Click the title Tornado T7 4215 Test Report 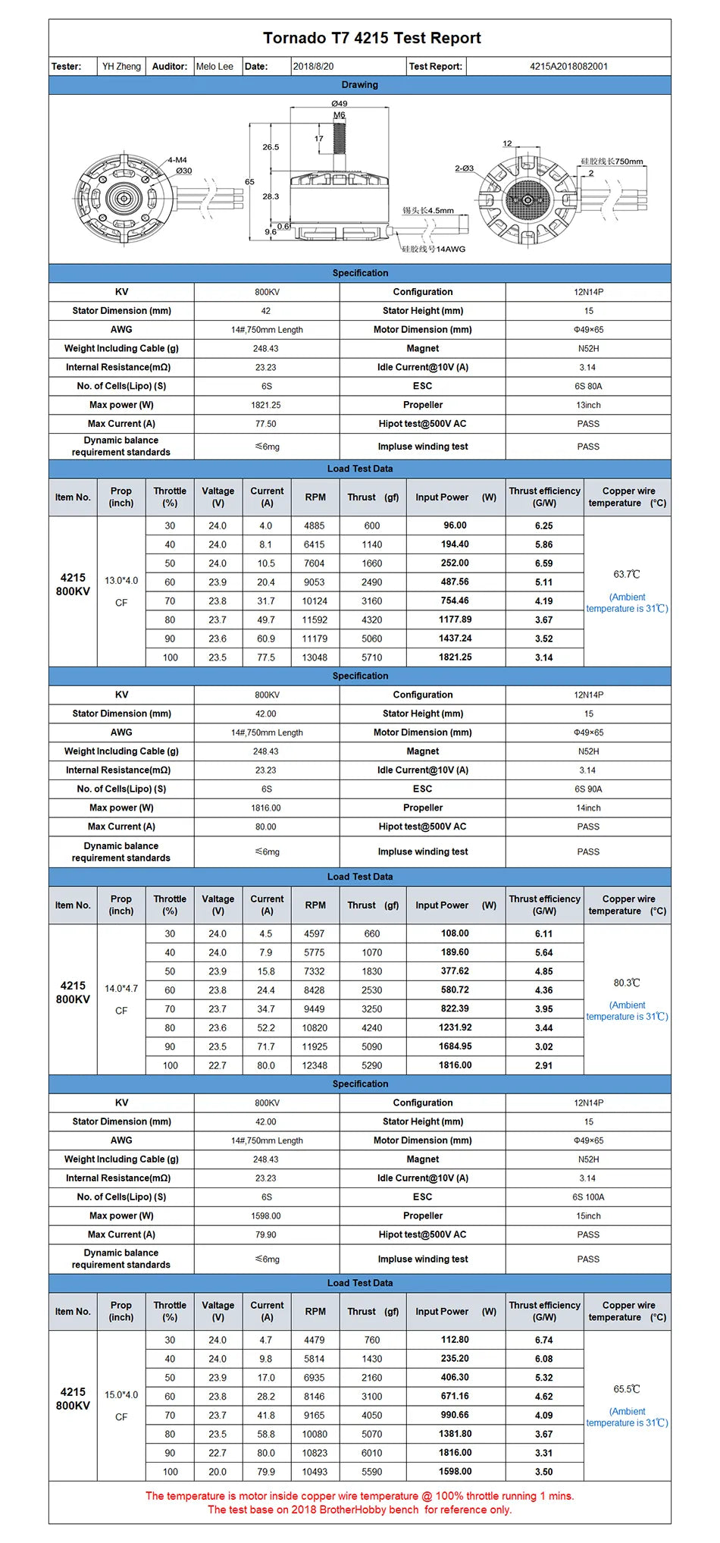point(371,38)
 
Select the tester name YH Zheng point(121,67)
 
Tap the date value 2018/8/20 point(313,67)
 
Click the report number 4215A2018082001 point(568,67)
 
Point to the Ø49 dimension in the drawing point(339,104)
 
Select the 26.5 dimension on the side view point(271,147)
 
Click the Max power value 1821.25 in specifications point(266,405)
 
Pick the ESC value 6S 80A point(588,387)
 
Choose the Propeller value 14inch point(588,808)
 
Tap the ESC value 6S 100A point(588,1197)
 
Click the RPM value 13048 point(315,658)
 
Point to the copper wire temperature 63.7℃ point(627,575)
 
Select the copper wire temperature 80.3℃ point(627,983)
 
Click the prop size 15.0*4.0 point(121,1395)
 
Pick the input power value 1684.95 point(455,1046)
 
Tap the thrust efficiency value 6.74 point(543,1341)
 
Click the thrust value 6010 point(371,1453)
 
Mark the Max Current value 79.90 point(266,1235)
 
